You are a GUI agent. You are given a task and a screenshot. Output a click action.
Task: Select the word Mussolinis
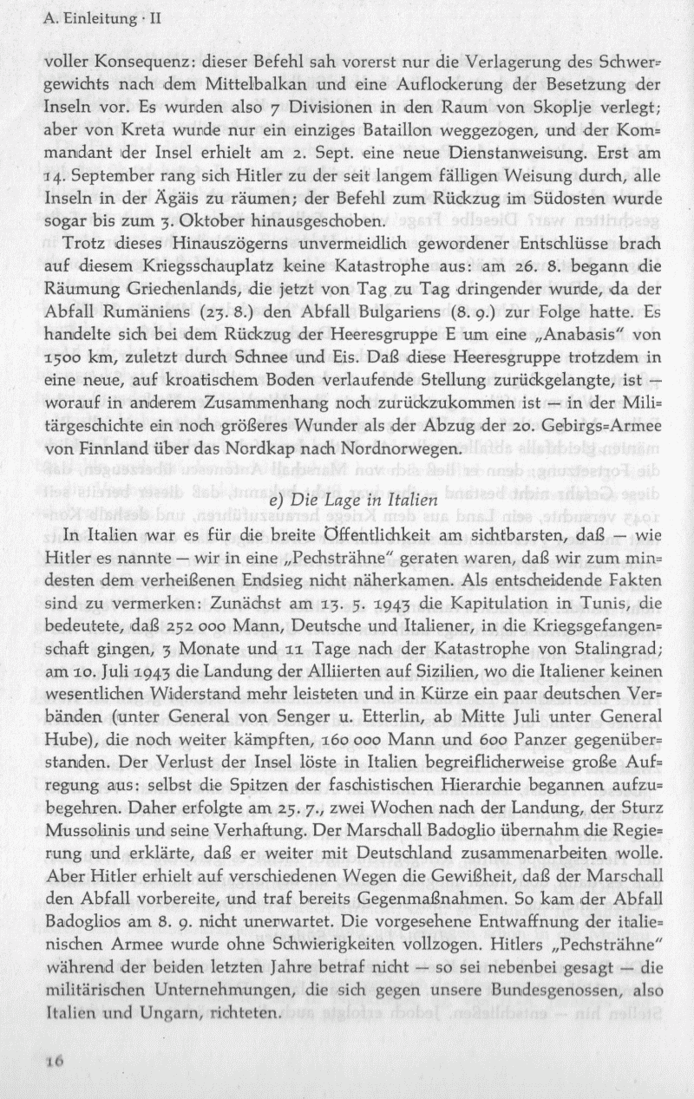coord(84,852)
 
